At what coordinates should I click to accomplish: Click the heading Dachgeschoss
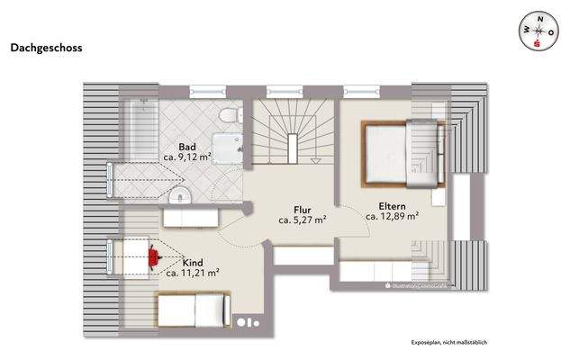pyautogui.click(x=46, y=49)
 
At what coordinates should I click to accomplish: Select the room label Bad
pyautogui.click(x=187, y=146)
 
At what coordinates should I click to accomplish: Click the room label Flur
pyautogui.click(x=302, y=206)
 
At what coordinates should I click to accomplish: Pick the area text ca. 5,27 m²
pyautogui.click(x=302, y=218)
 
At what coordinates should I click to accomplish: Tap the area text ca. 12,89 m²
pyautogui.click(x=392, y=216)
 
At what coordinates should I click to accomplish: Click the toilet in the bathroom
pyautogui.click(x=229, y=115)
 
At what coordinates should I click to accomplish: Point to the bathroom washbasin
pyautogui.click(x=180, y=195)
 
